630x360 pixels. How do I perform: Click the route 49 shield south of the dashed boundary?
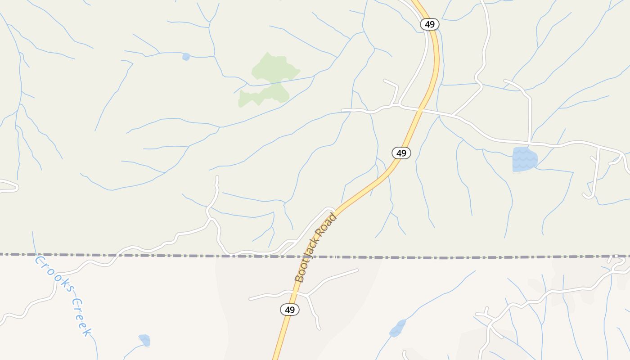point(290,310)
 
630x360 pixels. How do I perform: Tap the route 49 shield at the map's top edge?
point(430,24)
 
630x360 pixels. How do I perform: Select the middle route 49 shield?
point(401,153)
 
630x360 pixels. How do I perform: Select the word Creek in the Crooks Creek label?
point(82,317)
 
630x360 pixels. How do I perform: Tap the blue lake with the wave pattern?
point(525,159)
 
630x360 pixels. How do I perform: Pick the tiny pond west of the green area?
point(186,57)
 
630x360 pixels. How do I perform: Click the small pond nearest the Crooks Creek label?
point(144,340)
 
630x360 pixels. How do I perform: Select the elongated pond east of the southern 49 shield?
point(397,328)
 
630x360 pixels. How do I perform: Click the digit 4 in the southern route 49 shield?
point(287,310)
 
